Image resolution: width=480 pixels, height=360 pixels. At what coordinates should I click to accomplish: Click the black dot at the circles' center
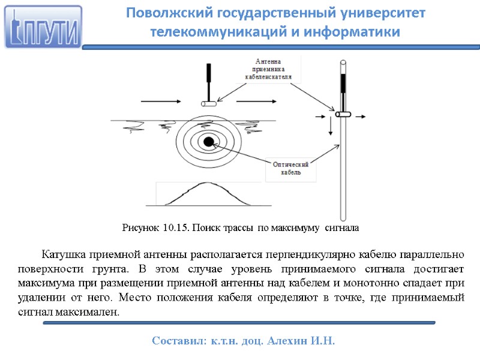[x=208, y=142]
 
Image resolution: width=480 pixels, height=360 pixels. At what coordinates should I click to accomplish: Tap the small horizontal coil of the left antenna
[x=208, y=104]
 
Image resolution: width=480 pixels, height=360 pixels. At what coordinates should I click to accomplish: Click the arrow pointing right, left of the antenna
[x=159, y=100]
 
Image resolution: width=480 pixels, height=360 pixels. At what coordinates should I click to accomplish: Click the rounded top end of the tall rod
[x=343, y=62]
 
